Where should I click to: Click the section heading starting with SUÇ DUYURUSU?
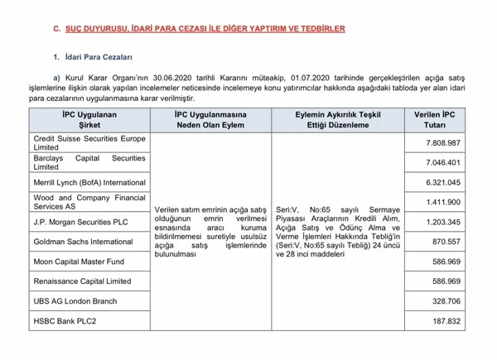[198, 28]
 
